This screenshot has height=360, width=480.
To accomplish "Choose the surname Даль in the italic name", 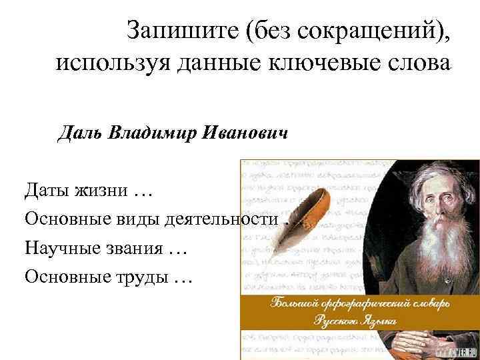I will (79, 133).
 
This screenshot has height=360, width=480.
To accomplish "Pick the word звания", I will (136, 247).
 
